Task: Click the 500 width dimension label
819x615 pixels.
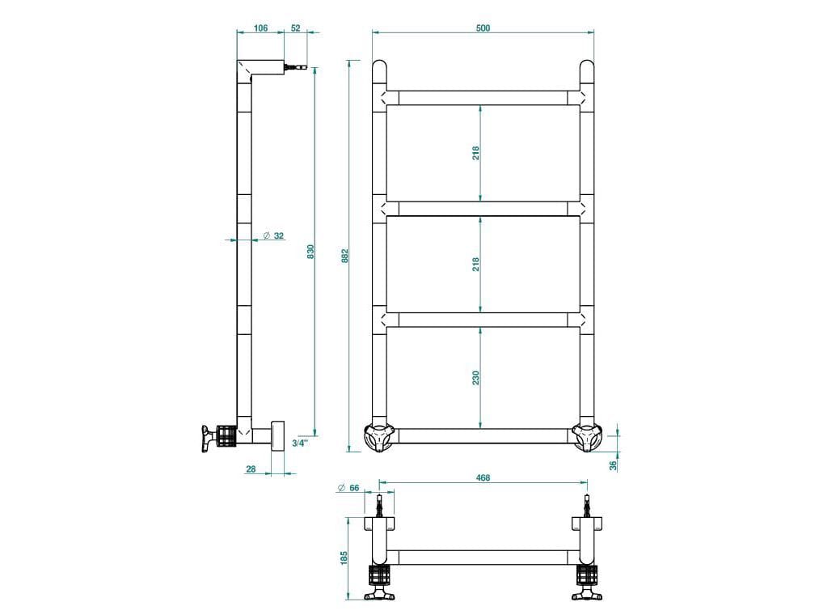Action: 483,28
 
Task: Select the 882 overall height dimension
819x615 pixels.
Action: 344,255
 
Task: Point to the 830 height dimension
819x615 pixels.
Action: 310,252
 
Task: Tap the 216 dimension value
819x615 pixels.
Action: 476,152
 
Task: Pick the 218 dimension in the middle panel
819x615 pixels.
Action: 476,264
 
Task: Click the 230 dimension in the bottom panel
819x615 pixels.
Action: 476,377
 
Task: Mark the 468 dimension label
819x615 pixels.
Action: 483,478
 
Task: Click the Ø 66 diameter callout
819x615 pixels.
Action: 349,488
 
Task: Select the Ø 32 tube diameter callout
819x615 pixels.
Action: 273,236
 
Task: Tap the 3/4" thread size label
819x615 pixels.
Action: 298,443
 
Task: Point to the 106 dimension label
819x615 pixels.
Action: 260,28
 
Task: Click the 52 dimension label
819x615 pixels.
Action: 295,28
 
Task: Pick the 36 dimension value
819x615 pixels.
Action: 614,464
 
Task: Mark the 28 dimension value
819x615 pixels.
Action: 250,469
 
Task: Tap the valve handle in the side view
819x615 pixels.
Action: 212,436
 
